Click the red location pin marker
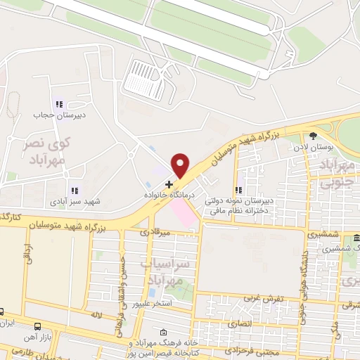point(181,165)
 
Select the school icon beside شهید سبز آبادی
point(74,190)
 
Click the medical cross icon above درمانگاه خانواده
point(169,184)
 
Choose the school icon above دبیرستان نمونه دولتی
point(240,189)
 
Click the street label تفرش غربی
point(263,298)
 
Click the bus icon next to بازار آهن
point(37,327)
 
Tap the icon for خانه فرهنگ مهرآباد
point(164,333)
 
